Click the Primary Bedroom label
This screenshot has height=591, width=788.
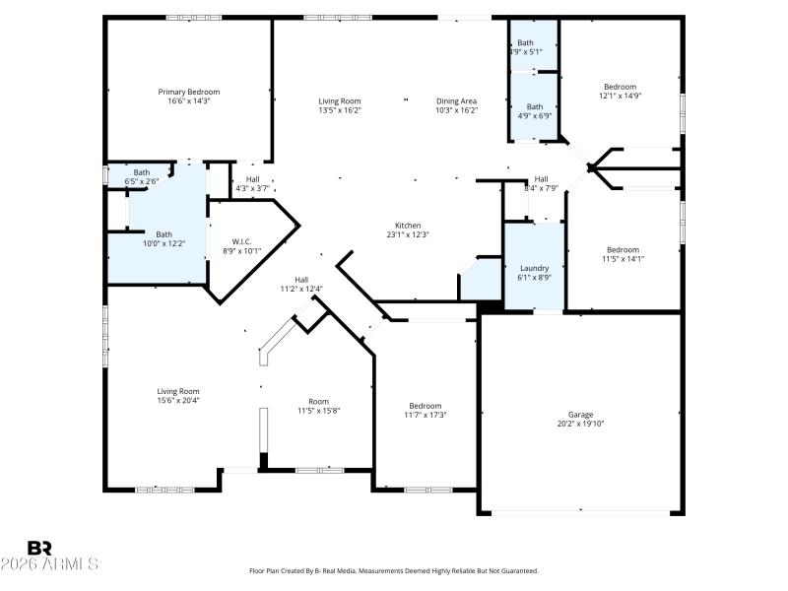[x=189, y=92]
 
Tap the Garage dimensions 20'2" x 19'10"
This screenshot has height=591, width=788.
[x=580, y=424]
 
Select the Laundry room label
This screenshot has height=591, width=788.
[x=534, y=268]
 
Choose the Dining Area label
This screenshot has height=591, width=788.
[x=457, y=100]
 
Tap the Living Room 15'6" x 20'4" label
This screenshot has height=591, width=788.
[x=178, y=391]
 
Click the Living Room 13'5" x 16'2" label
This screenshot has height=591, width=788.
[x=339, y=100]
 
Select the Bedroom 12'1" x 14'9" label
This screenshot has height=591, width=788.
[x=621, y=87]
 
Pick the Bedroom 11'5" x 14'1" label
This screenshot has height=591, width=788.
[x=623, y=250]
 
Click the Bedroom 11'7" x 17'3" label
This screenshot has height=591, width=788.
[x=426, y=406]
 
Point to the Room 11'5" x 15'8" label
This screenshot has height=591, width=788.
[x=318, y=401]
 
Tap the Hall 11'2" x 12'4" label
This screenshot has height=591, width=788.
[x=301, y=280]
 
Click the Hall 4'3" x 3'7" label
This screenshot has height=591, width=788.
[x=252, y=179]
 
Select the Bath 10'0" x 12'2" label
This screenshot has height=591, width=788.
[x=164, y=234]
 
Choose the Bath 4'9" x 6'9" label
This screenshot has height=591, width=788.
[x=535, y=106]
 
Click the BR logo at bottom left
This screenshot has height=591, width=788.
[x=39, y=548]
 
